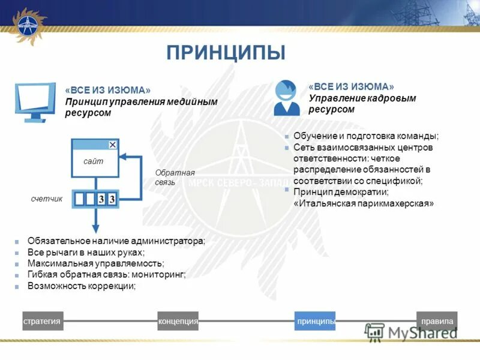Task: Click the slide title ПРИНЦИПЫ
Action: (x=226, y=52)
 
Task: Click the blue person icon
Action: (x=287, y=98)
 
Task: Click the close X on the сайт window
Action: (x=112, y=145)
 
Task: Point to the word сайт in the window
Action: (x=93, y=161)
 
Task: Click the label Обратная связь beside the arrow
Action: (x=166, y=177)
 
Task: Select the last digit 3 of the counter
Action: (x=112, y=199)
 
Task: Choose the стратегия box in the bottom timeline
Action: (x=43, y=322)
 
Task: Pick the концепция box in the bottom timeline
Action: (x=178, y=322)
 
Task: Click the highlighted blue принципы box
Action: (x=315, y=322)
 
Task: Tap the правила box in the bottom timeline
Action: (x=437, y=322)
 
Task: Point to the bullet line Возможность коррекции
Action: (x=82, y=286)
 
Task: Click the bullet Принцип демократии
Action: (x=341, y=192)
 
